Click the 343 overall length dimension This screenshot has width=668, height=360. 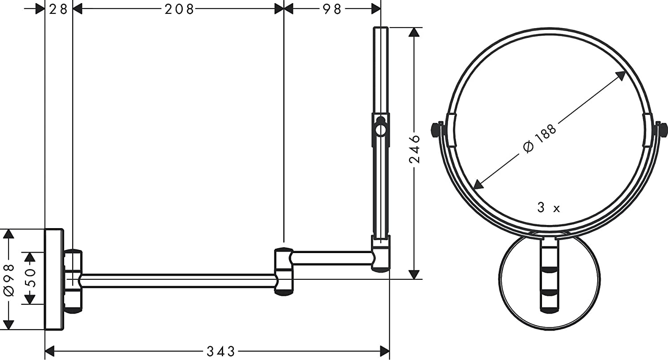(x=220, y=352)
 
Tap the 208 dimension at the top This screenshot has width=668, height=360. (x=179, y=9)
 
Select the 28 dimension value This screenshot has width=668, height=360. (x=58, y=9)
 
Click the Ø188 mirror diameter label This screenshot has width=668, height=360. (x=541, y=139)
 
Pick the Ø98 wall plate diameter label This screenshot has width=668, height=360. (x=9, y=279)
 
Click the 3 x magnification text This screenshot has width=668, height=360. (x=548, y=208)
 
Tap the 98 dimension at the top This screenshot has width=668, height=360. (x=332, y=9)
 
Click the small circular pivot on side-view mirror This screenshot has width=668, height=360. (x=380, y=130)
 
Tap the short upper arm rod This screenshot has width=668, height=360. (x=332, y=258)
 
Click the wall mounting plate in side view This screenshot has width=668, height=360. (x=54, y=279)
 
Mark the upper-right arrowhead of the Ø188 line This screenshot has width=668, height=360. (x=621, y=75)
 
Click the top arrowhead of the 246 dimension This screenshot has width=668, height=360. (x=415, y=32)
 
